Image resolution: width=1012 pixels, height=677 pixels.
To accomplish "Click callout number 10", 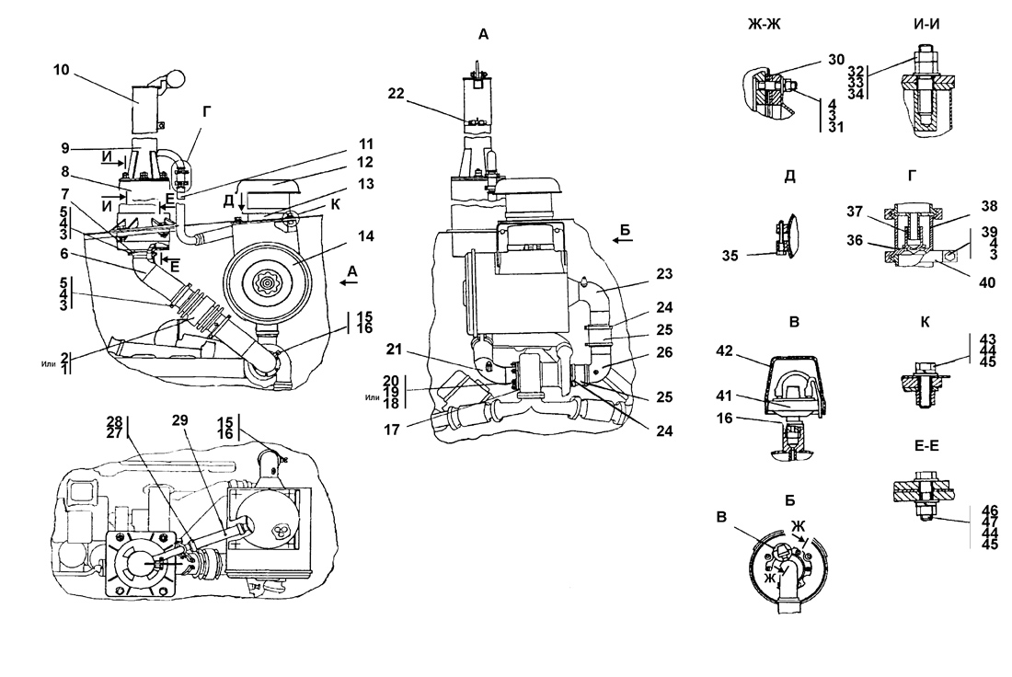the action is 61,69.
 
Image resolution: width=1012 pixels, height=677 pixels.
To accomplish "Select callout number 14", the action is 365,236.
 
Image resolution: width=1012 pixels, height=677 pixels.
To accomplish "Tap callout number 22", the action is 396,94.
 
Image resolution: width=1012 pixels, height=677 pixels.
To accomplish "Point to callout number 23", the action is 664,273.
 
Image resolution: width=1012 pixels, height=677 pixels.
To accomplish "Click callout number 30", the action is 835,60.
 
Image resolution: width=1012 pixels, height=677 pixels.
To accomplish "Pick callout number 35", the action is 730,257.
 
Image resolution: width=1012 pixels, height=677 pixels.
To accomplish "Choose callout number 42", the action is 725,350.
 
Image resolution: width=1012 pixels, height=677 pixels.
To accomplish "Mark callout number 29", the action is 179,420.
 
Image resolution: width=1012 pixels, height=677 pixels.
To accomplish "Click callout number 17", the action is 392,430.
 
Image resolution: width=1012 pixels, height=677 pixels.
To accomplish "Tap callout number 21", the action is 394,350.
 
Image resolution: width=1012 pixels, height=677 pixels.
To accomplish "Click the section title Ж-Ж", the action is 765,25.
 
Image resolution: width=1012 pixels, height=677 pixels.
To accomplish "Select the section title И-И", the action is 926,25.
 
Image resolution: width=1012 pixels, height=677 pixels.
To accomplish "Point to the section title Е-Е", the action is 926,445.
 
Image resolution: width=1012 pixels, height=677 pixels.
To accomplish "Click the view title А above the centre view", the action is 483,35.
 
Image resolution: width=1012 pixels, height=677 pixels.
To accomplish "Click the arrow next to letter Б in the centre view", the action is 622,240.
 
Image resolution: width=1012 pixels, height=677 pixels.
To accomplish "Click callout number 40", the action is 987,282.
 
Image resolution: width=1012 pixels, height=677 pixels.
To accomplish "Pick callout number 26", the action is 664,352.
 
